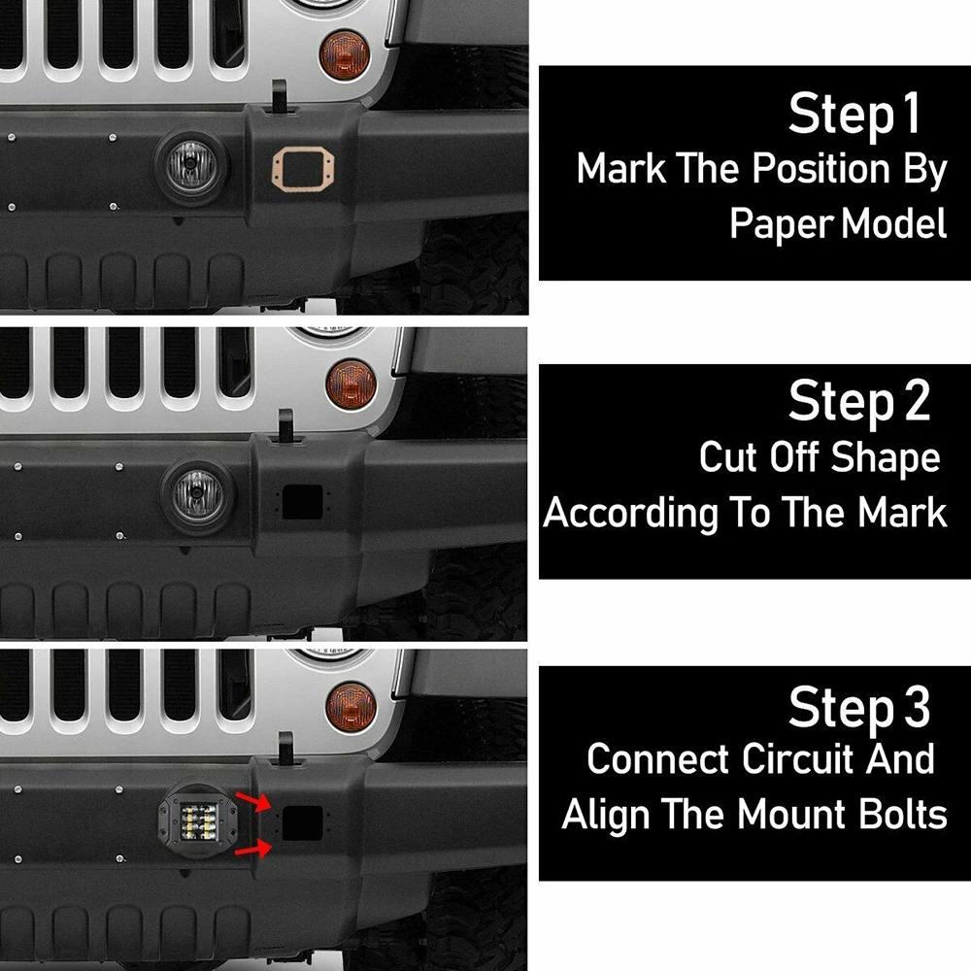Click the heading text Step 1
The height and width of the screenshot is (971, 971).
tap(853, 115)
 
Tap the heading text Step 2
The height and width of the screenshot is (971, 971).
tap(858, 402)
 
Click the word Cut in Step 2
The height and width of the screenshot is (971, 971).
tap(726, 457)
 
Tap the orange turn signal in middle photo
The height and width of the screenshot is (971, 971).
tap(351, 381)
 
